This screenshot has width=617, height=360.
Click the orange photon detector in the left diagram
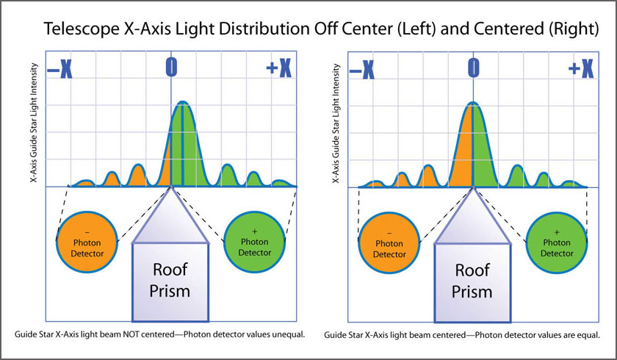tap(87, 242)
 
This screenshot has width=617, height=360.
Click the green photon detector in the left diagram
tap(255, 242)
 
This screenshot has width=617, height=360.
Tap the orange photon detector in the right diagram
tap(389, 243)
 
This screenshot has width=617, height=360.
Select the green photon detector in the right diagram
tap(557, 242)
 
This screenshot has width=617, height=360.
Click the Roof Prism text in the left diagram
tap(170, 280)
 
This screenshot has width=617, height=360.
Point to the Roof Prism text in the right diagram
tap(472, 281)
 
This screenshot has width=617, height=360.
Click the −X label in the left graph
tap(59, 70)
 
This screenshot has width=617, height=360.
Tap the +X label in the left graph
tap(279, 69)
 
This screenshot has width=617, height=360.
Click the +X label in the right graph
tap(581, 69)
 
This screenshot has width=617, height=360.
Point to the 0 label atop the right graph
tap(473, 67)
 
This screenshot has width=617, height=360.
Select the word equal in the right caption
tap(589, 335)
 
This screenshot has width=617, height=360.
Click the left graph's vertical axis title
tap(35, 123)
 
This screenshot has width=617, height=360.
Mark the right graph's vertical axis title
tap(336, 123)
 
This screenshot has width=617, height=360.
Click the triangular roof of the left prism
tap(170, 221)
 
